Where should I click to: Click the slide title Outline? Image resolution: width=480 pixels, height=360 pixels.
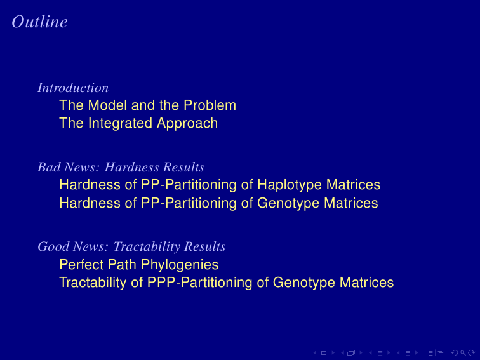pos(40,22)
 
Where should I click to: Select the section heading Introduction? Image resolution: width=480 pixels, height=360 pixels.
pos(73,88)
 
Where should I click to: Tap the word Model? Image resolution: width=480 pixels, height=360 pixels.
pos(107,105)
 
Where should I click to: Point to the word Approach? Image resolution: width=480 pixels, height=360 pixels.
pos(187,123)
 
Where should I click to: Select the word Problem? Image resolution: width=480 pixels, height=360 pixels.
pos(210,105)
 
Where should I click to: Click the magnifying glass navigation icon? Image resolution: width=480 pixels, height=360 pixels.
pos(463,353)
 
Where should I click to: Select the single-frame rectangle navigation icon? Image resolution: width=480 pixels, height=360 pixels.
pos(324,353)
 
